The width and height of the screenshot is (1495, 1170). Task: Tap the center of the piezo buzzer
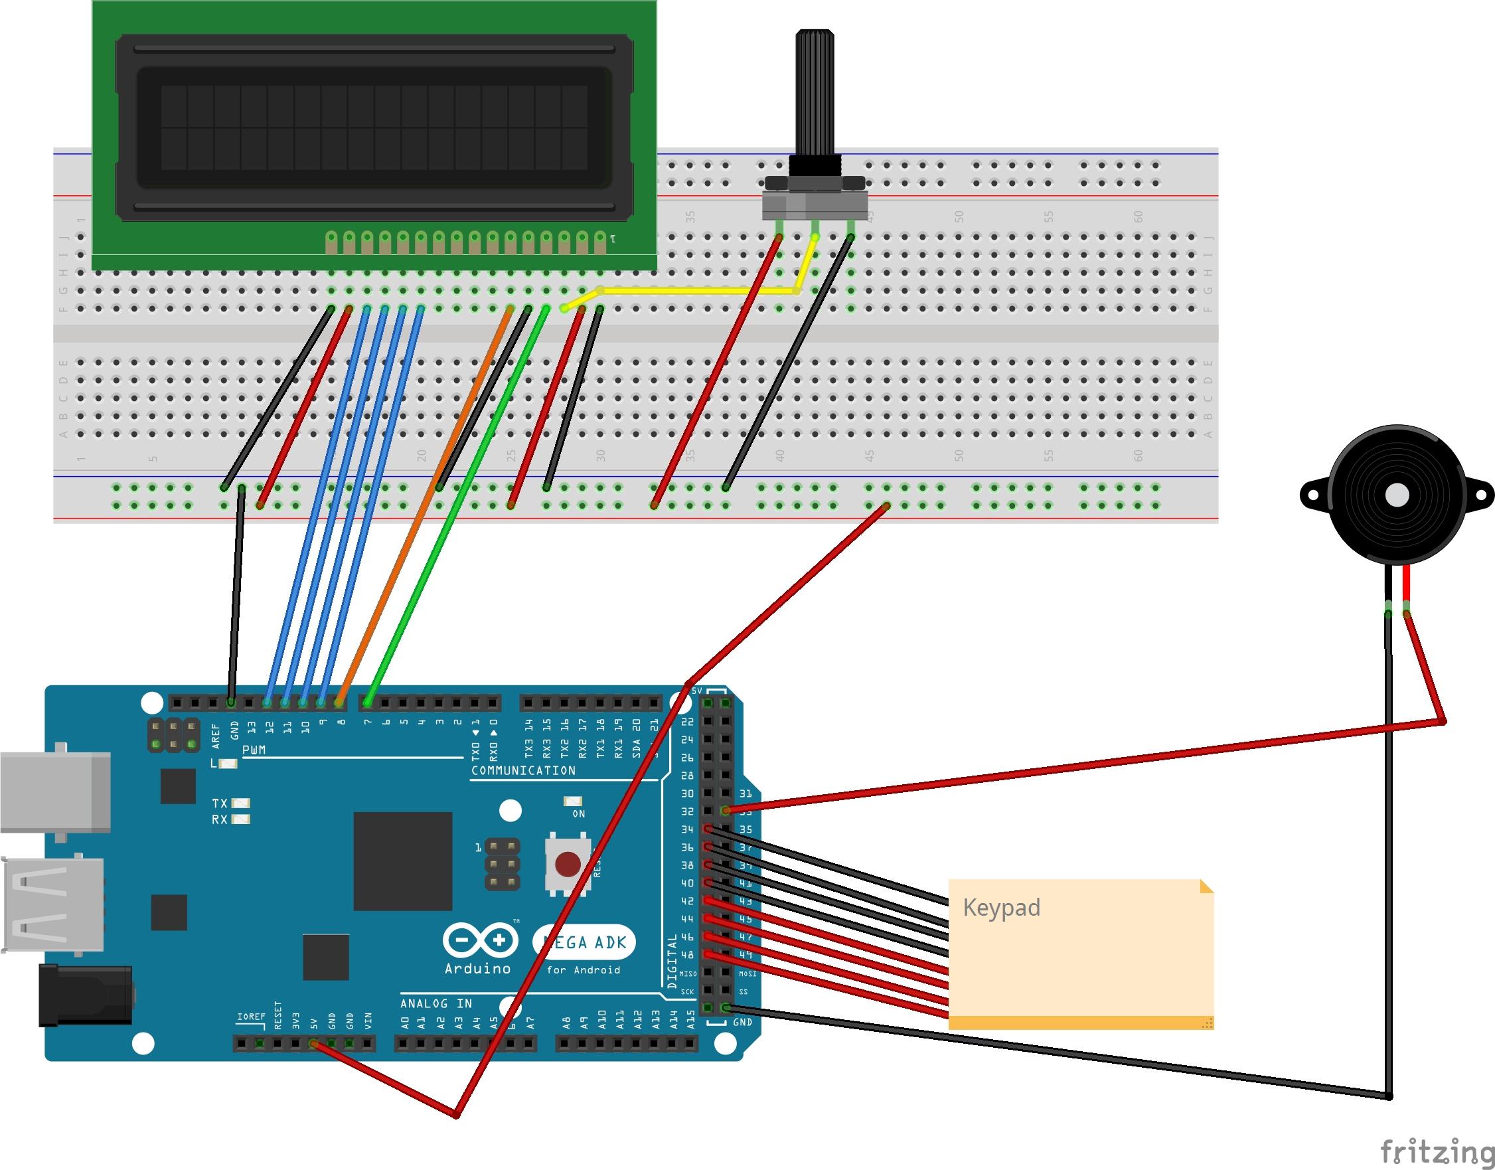click(1396, 495)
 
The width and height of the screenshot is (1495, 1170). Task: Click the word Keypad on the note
click(1001, 908)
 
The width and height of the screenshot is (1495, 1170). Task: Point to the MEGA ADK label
click(584, 943)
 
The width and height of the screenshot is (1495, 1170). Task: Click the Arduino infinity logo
click(479, 940)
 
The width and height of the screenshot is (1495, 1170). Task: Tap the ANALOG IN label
click(436, 1003)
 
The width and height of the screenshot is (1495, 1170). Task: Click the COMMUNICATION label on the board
click(523, 771)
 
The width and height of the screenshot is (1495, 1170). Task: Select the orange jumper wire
click(425, 507)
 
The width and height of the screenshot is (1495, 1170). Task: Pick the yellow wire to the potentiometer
click(698, 290)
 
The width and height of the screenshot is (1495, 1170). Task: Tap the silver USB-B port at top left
click(55, 792)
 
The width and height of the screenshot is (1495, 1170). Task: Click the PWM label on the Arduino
click(254, 750)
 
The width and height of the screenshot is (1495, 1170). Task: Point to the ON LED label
click(579, 814)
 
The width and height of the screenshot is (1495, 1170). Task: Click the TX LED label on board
click(220, 803)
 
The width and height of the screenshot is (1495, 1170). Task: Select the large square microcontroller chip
click(403, 861)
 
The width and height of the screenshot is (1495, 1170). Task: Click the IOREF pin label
click(251, 1017)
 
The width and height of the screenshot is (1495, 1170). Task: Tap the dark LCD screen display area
click(374, 127)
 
